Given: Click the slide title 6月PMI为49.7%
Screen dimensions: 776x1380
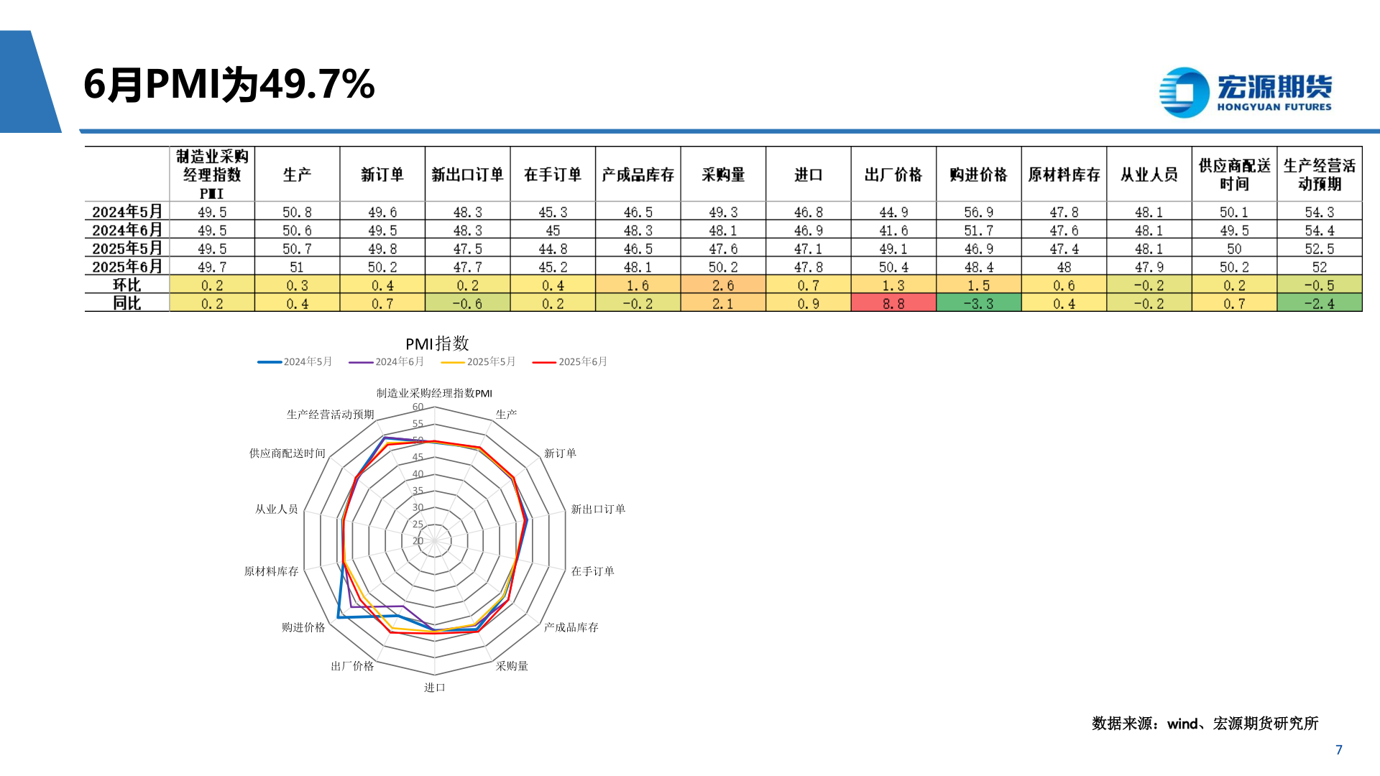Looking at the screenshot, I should (x=229, y=85).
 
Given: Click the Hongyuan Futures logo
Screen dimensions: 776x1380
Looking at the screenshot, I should (x=1245, y=93).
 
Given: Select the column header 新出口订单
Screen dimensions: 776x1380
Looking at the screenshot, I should (x=467, y=175).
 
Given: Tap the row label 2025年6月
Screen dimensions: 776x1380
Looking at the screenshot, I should (x=127, y=267).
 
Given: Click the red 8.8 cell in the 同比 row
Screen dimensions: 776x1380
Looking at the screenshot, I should (x=893, y=304).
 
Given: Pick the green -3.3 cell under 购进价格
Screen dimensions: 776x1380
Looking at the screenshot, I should (x=978, y=304).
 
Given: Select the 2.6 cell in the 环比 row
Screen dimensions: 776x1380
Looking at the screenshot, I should (x=723, y=285).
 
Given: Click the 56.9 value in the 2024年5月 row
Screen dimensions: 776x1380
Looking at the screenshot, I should (x=978, y=213).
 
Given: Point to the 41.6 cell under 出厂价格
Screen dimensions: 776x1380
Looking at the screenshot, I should (x=893, y=231).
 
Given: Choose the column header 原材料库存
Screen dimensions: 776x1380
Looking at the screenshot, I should (x=1064, y=175).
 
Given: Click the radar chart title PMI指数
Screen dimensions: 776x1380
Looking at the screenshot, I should (x=437, y=343).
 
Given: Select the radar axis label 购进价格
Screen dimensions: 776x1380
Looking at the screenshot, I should (x=303, y=627).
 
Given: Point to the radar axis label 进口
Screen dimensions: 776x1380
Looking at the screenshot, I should (x=434, y=688).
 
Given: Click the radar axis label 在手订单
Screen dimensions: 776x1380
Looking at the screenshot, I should (x=592, y=571).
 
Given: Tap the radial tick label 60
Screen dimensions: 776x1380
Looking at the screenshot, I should (x=418, y=407).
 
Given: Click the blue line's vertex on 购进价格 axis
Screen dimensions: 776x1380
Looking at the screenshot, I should (x=338, y=617).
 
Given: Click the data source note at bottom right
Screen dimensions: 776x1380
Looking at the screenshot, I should (x=1205, y=724).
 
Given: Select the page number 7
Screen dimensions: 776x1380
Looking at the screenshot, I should (x=1338, y=749).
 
